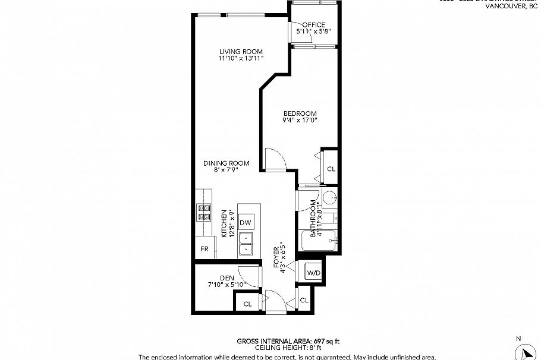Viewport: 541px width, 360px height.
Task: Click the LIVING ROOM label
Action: (240, 52)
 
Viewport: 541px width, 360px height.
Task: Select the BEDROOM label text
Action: (300, 113)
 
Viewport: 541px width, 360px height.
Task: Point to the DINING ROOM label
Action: (226, 163)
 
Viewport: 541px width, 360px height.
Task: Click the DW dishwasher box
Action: (246, 223)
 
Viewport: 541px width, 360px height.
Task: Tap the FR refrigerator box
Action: (204, 248)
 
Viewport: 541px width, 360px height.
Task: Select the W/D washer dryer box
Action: (313, 273)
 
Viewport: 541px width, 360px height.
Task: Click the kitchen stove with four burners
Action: (205, 212)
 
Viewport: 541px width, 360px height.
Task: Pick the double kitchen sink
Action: (246, 244)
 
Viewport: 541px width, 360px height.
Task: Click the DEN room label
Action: (227, 277)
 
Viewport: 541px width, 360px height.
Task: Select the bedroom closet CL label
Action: (331, 169)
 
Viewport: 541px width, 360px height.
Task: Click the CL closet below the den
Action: (247, 304)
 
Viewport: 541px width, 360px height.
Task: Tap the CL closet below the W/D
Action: (304, 301)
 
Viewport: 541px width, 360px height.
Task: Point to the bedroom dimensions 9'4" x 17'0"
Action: (300, 120)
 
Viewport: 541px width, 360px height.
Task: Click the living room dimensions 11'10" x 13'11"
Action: (240, 58)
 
